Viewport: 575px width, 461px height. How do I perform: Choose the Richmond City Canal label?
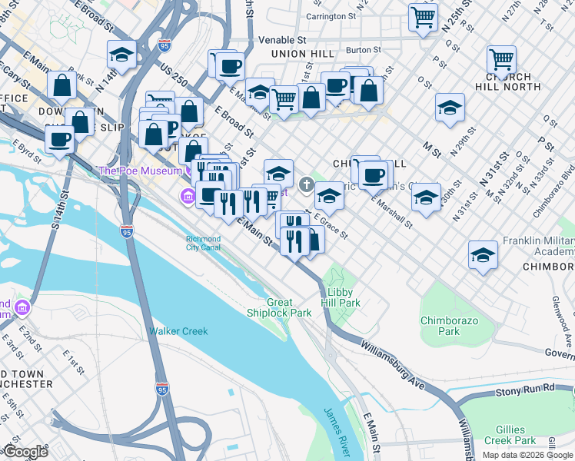204,243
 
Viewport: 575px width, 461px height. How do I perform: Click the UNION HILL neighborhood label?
299,54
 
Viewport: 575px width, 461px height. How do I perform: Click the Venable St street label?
282,39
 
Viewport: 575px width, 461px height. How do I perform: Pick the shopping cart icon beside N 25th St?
423,16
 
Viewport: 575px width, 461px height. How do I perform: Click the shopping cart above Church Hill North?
501,58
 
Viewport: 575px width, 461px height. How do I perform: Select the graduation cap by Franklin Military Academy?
483,254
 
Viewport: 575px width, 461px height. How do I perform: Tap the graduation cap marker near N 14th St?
122,55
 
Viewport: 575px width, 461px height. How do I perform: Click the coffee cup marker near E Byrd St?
59,140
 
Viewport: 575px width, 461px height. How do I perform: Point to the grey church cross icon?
306,184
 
